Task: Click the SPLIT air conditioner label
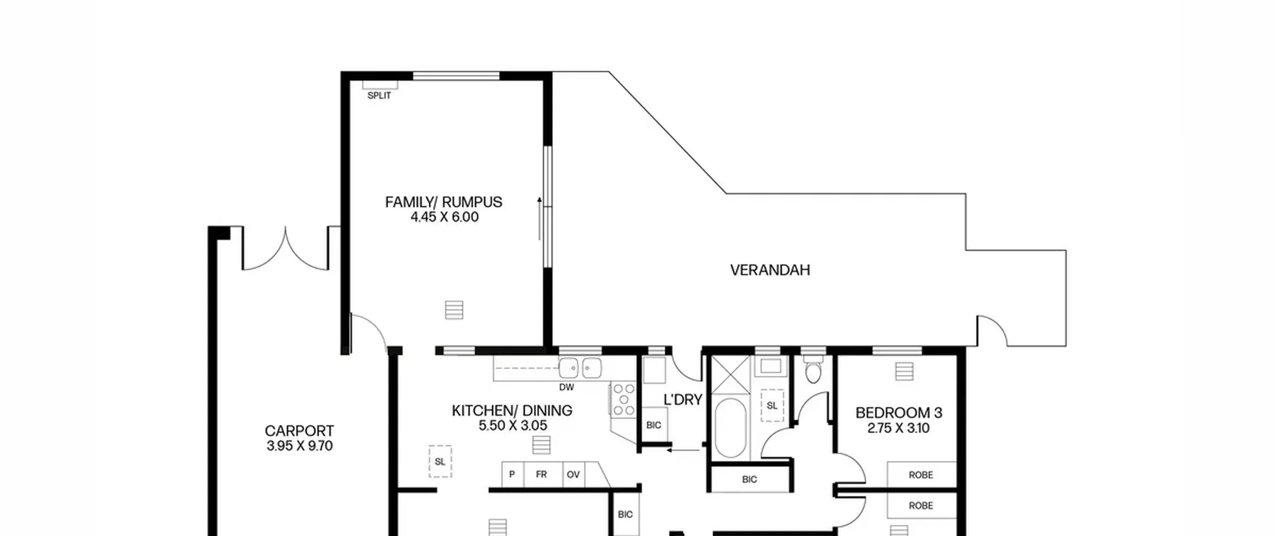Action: point(379,96)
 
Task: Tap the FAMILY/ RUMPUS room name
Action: point(444,202)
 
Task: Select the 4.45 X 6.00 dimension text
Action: point(444,217)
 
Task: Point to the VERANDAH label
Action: point(770,270)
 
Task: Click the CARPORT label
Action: point(299,431)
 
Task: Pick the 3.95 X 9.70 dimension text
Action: point(299,446)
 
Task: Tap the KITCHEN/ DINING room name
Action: point(512,410)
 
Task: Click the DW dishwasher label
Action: point(566,387)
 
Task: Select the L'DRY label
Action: point(683,399)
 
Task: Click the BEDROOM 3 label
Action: point(899,413)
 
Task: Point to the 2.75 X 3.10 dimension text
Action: point(898,428)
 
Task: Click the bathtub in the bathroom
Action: point(730,428)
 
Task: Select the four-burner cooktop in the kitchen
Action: point(624,399)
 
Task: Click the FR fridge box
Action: point(541,474)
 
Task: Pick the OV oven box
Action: point(573,474)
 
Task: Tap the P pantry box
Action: point(512,474)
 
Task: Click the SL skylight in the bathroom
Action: point(772,405)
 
